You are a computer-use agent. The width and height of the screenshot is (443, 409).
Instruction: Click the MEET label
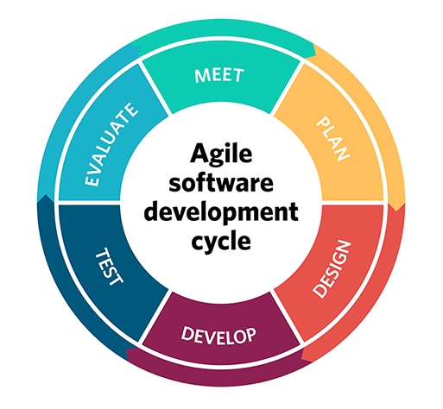click(x=219, y=76)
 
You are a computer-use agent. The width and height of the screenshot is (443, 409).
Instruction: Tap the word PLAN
click(x=332, y=138)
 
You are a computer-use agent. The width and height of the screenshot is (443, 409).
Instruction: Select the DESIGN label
click(x=332, y=269)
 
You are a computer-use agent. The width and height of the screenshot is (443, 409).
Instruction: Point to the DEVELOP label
click(x=218, y=336)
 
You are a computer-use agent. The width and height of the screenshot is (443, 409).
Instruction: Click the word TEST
click(x=109, y=267)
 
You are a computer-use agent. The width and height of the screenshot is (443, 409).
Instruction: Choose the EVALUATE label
click(x=111, y=145)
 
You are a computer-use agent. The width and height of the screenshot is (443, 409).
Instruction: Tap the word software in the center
click(x=221, y=183)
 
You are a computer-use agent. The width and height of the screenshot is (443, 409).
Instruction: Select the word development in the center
click(x=221, y=213)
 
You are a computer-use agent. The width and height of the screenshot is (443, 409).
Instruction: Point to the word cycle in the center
click(x=221, y=241)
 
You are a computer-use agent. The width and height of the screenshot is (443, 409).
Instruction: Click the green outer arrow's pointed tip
click(x=316, y=51)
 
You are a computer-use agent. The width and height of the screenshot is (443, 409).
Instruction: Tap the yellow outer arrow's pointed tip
click(x=397, y=211)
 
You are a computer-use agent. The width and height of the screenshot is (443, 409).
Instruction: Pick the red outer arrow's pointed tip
click(x=301, y=359)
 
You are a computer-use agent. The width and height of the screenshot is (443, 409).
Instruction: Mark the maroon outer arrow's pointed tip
click(x=126, y=350)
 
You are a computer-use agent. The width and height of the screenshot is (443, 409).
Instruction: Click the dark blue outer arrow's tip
click(x=45, y=194)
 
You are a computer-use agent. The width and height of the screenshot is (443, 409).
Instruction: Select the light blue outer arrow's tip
click(x=141, y=47)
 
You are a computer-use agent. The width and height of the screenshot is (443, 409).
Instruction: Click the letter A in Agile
click(x=199, y=154)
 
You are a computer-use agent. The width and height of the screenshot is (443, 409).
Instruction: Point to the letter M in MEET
click(x=201, y=76)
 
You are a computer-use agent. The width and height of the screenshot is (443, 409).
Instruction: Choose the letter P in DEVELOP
click(x=250, y=336)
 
